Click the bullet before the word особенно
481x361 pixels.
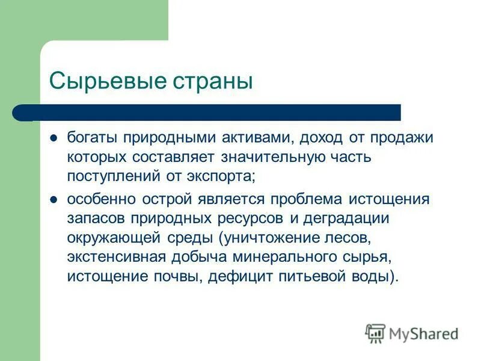pyautogui.click(x=54, y=199)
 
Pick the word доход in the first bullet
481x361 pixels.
pyautogui.click(x=319, y=138)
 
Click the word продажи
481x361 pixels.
pyautogui.click(x=400, y=138)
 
